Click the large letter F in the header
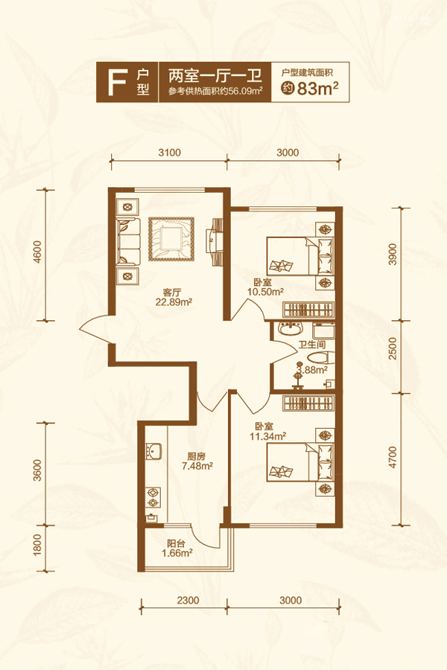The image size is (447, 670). (116, 83)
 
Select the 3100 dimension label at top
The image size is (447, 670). (169, 153)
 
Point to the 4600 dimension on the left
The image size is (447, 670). (37, 252)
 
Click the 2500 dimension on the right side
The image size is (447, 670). (393, 348)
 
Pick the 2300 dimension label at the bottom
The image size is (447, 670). (188, 600)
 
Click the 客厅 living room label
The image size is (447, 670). (172, 293)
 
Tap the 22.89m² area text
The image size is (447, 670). (174, 302)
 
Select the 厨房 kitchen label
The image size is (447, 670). (196, 456)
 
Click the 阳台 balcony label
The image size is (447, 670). (176, 544)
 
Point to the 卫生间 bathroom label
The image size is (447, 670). (312, 345)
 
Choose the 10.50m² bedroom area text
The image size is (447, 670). (266, 292)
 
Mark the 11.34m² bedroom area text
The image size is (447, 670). (267, 436)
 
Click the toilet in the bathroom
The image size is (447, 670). (321, 358)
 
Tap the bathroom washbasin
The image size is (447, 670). (291, 330)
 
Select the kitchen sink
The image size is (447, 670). (153, 450)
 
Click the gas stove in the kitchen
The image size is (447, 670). (153, 497)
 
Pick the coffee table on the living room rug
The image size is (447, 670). (171, 239)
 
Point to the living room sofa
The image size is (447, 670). (129, 241)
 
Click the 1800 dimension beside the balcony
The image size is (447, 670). (37, 545)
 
